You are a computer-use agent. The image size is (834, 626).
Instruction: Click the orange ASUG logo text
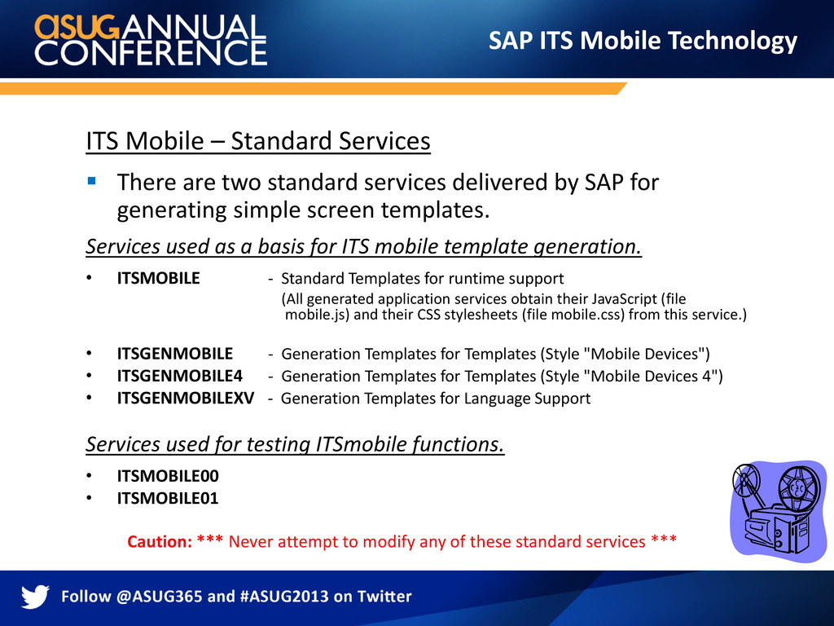tap(77, 27)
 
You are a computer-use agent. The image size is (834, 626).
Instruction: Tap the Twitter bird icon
tap(35, 596)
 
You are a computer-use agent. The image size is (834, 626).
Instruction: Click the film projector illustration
tap(779, 511)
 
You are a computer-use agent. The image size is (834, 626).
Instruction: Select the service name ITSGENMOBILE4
tap(180, 376)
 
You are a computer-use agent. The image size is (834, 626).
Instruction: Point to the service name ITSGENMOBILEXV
tap(186, 398)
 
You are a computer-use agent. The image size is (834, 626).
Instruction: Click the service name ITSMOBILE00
tap(168, 476)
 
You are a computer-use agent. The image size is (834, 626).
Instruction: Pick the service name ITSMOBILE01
tap(168, 498)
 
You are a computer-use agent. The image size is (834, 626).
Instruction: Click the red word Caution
tap(160, 541)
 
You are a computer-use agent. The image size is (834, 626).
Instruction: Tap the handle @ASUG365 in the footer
tap(159, 596)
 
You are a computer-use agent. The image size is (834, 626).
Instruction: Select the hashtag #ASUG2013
tap(284, 596)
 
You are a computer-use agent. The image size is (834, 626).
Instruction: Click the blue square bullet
tap(91, 181)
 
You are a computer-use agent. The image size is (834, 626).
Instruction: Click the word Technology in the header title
tap(732, 42)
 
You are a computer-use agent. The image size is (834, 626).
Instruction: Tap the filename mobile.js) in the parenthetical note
tap(317, 315)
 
